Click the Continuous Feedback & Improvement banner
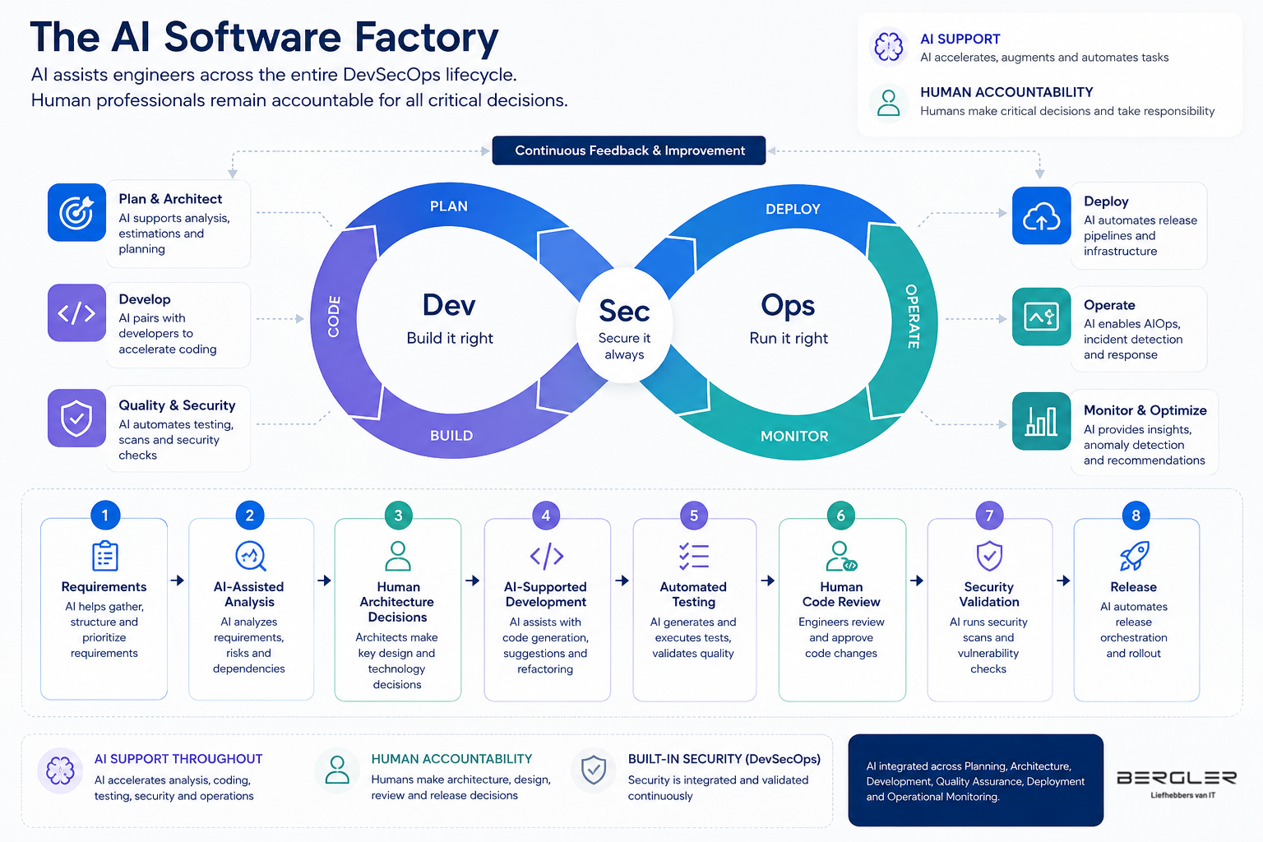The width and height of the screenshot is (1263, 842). [x=629, y=150]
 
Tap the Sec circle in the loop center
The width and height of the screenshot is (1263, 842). [x=624, y=326]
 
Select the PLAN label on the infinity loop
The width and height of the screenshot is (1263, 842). [x=449, y=206]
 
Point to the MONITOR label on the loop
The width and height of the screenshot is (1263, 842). [x=794, y=436]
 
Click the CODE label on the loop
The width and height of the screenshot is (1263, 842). [x=334, y=317]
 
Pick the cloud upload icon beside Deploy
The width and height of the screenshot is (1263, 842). [x=1041, y=216]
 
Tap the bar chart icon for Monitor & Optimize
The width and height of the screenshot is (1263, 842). [x=1041, y=421]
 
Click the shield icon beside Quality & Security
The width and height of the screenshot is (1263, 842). [x=76, y=418]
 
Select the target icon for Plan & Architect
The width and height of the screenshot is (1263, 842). [x=76, y=213]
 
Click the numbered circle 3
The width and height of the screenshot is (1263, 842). [x=398, y=516]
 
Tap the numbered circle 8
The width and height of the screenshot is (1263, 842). [x=1136, y=516]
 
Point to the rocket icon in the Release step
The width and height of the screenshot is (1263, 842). [x=1134, y=556]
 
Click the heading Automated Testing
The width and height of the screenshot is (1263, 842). [x=693, y=594]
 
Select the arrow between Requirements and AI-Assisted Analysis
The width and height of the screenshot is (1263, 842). [x=178, y=581]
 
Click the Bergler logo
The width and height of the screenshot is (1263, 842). [x=1177, y=784]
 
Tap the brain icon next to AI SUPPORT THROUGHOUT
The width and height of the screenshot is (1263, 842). [x=60, y=771]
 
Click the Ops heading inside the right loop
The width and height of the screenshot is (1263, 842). [x=788, y=306]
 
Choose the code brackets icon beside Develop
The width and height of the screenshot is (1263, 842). [x=76, y=313]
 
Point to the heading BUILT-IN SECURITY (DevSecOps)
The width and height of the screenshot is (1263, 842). [x=724, y=759]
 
